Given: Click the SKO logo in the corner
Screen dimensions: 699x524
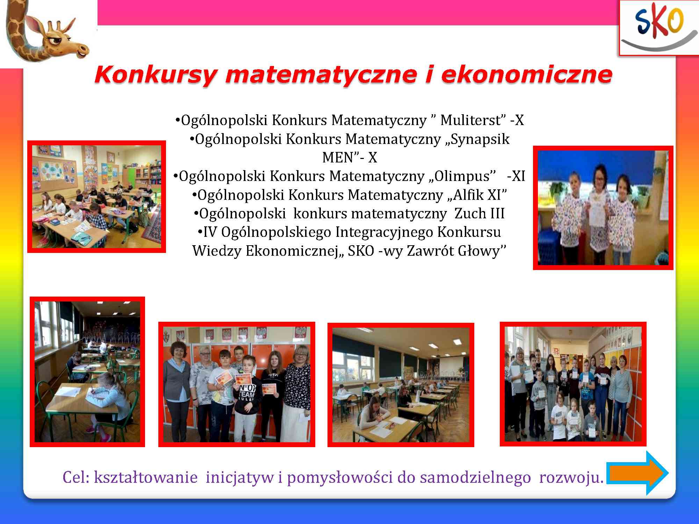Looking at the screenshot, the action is coord(659,28).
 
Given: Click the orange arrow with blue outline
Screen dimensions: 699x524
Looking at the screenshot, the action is coord(637,473).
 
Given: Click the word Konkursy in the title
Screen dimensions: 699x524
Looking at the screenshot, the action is coord(156,75).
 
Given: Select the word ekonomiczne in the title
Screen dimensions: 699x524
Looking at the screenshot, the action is coord(526,74).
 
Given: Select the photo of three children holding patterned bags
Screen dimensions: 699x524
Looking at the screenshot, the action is coord(603,208).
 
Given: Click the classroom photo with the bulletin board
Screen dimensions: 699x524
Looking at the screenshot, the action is coord(96,197).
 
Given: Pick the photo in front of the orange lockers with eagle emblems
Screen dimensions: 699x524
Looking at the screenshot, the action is coord(237,384).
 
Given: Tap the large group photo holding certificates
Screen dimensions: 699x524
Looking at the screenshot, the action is coord(573,384).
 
